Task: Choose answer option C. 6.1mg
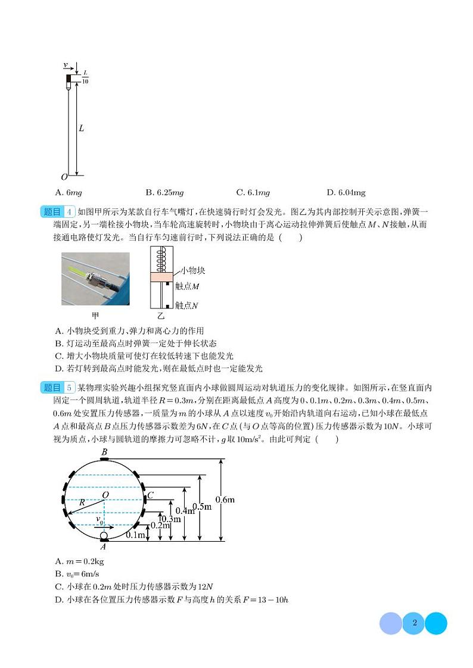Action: (253, 193)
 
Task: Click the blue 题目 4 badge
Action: (58, 213)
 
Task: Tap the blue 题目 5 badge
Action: (58, 388)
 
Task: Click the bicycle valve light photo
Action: (95, 279)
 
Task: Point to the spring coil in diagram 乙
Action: (161, 260)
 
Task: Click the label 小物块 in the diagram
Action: (192, 271)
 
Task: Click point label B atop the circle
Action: (104, 453)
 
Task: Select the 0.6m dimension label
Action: (225, 500)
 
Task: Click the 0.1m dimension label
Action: (136, 535)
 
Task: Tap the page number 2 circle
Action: (414, 623)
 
